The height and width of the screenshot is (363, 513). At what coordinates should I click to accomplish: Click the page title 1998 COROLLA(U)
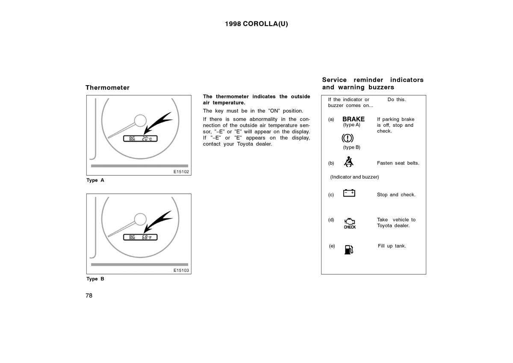pyautogui.click(x=256, y=24)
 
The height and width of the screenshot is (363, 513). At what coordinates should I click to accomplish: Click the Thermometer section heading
pyautogui.click(x=107, y=88)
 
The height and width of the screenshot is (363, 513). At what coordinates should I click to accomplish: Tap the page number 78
pyautogui.click(x=89, y=295)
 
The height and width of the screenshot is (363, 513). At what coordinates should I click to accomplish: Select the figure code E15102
pyautogui.click(x=181, y=172)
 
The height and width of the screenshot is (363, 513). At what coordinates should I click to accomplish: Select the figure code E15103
pyautogui.click(x=181, y=271)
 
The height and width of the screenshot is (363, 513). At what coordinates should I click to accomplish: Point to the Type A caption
pyautogui.click(x=95, y=180)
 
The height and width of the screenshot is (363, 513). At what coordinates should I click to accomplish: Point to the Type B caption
pyautogui.click(x=95, y=279)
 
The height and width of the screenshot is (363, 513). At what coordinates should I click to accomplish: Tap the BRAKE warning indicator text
pyautogui.click(x=354, y=119)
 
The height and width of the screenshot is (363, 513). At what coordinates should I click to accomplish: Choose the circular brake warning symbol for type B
pyautogui.click(x=348, y=138)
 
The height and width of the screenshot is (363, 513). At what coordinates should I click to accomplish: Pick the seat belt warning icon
pyautogui.click(x=348, y=162)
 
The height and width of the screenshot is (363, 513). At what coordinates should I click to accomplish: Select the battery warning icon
pyautogui.click(x=349, y=193)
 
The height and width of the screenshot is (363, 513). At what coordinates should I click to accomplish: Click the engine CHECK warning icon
pyautogui.click(x=350, y=223)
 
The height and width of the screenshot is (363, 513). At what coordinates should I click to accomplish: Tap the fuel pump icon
pyautogui.click(x=349, y=249)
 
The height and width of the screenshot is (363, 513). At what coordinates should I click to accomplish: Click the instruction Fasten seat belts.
pyautogui.click(x=398, y=163)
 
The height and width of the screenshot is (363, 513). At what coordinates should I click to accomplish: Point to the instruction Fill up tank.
pyautogui.click(x=392, y=246)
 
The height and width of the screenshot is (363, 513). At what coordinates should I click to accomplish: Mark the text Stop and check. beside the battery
pyautogui.click(x=396, y=195)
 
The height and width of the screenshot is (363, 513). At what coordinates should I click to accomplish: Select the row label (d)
pyautogui.click(x=331, y=220)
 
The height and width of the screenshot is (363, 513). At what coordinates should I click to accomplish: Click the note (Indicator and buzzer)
pyautogui.click(x=354, y=177)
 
